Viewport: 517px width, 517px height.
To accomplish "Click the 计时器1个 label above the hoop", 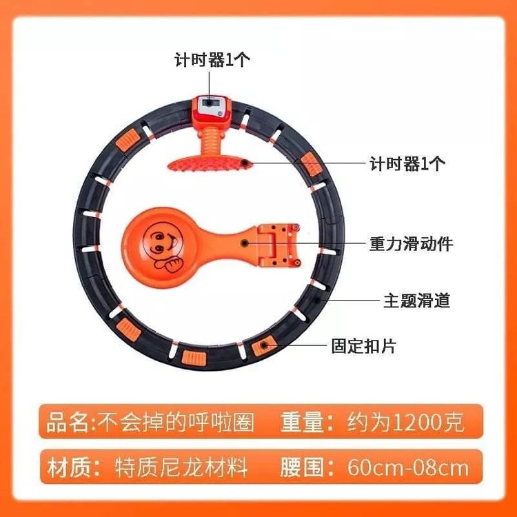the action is point(212,60).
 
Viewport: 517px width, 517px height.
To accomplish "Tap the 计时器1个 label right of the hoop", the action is point(407,163).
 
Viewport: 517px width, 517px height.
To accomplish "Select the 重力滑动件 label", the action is point(411,244).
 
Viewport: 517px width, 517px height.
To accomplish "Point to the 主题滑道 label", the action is point(417,301).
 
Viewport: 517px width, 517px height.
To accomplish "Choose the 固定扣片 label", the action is point(363,346).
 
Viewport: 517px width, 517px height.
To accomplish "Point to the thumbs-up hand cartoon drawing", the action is point(169,264).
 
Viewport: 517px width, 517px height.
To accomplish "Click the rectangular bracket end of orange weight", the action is point(278,245).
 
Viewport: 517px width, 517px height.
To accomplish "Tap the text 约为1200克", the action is point(405,422).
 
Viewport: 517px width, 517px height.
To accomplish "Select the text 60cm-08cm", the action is point(408,467).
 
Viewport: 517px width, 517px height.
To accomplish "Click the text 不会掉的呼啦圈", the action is point(177,423).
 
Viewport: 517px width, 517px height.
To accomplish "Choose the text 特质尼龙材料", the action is point(181,467).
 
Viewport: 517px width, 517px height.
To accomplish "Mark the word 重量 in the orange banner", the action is point(302,422).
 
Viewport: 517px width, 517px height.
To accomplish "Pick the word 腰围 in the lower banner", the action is point(302,467).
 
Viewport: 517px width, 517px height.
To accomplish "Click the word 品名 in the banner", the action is point(68,423).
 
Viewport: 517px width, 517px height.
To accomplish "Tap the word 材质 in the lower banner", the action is point(68,467).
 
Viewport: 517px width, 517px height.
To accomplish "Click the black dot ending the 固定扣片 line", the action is point(264,345).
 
